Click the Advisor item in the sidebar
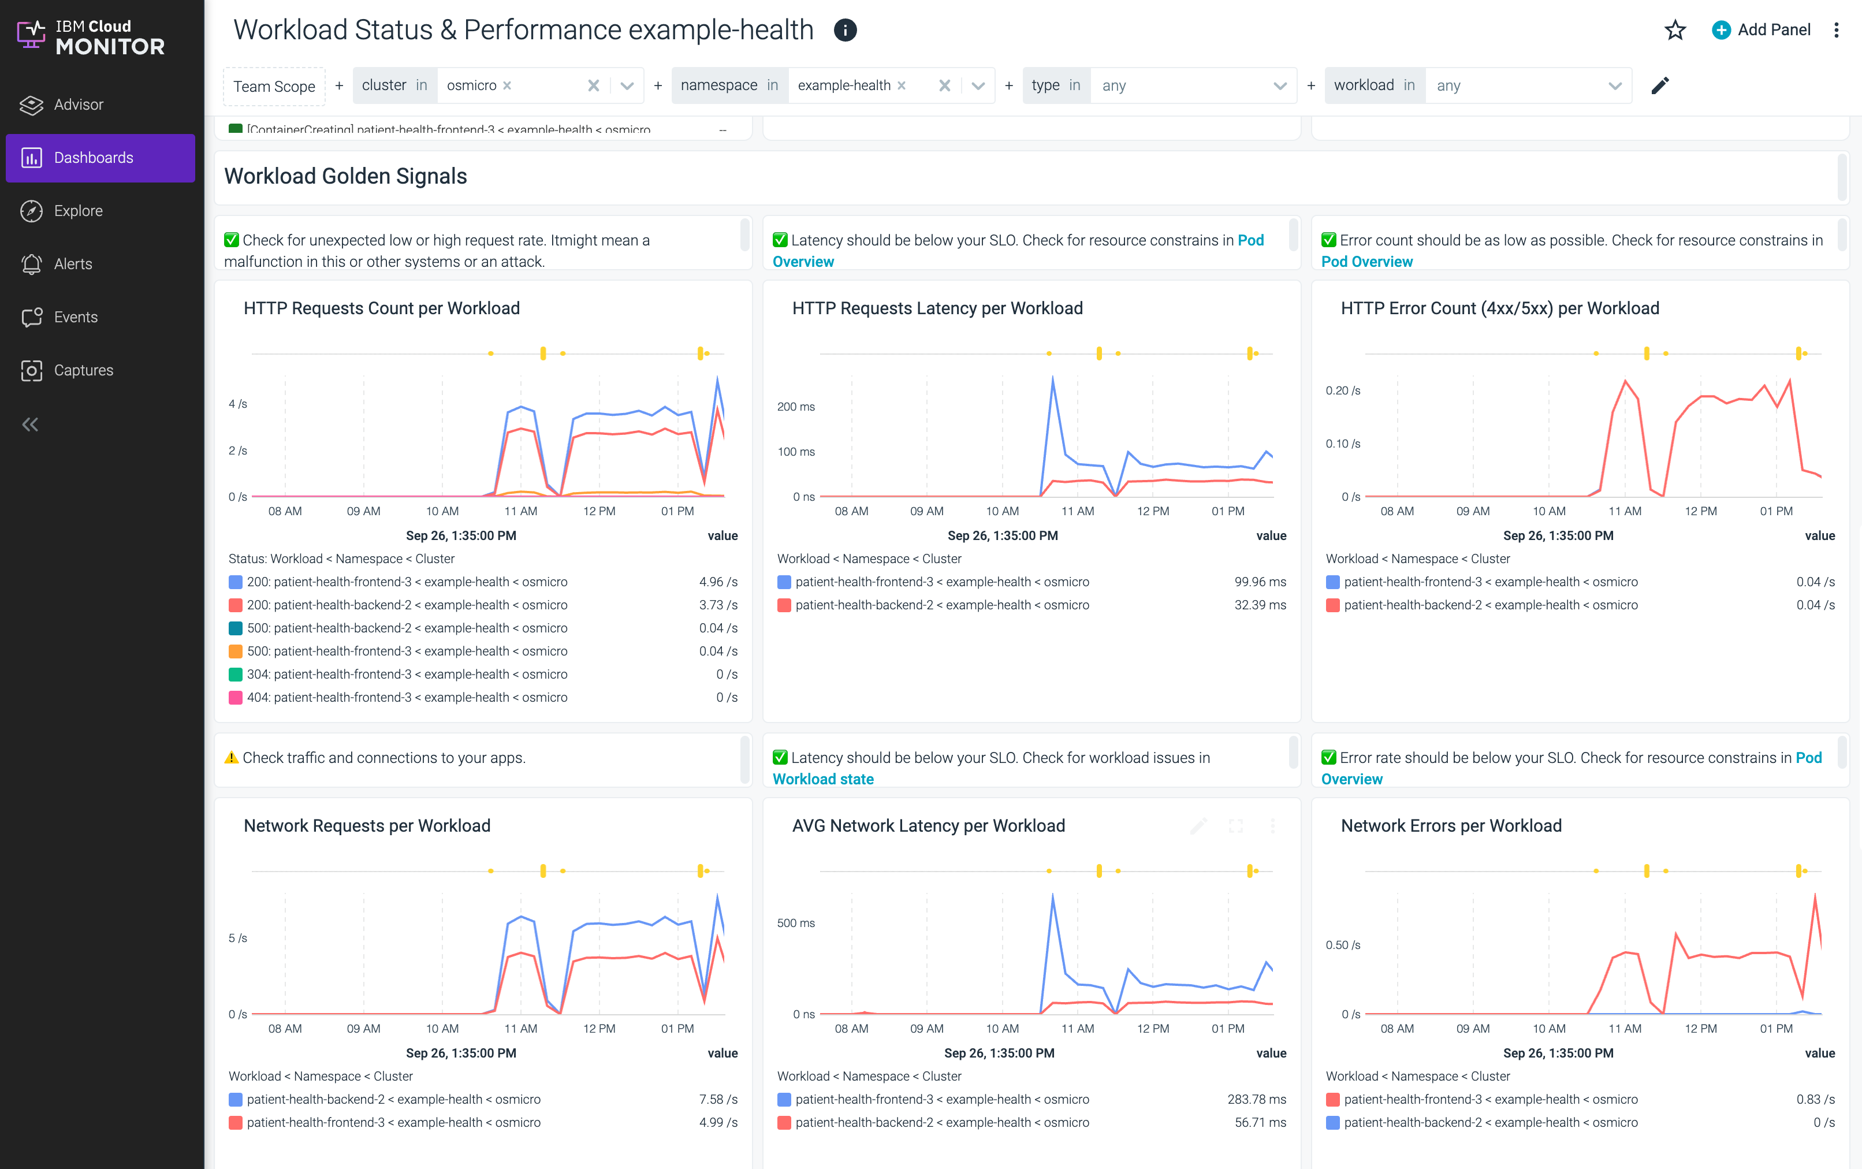78,105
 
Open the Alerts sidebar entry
73,263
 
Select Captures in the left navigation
83,370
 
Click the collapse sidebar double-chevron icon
30,424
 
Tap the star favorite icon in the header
1674,30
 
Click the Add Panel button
1762,30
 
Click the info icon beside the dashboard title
845,30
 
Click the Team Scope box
274,86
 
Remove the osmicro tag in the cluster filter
507,86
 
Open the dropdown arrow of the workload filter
1615,86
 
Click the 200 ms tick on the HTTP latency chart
795,407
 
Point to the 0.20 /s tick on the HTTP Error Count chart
1343,390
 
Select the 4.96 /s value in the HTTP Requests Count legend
717,582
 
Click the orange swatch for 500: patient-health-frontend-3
236,651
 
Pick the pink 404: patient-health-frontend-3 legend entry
407,697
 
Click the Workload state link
822,779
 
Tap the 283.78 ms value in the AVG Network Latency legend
1256,1100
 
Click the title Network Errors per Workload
1451,826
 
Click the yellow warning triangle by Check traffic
231,758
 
